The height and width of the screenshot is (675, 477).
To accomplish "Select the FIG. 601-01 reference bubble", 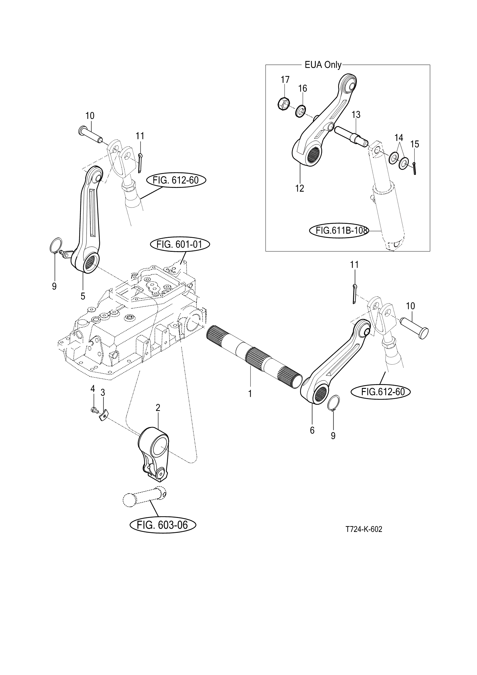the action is pos(179,245).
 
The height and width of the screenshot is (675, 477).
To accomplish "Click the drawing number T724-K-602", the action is pos(364,529).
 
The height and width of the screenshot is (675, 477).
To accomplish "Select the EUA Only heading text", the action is pos(323,65).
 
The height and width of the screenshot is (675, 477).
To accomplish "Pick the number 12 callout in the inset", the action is pos(300,188).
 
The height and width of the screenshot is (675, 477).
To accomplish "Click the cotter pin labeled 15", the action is pos(415,168).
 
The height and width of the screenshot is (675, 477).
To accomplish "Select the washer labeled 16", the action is pos(300,111).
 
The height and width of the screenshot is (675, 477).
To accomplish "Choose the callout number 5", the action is pos(83,296).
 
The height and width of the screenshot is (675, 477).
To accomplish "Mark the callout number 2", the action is pos(158,407).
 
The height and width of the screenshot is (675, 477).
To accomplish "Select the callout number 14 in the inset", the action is pos(399,138).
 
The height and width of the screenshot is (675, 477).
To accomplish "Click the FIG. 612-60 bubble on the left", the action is pos(176,180).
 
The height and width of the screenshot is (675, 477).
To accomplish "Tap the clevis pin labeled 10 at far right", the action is pos(414,328).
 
